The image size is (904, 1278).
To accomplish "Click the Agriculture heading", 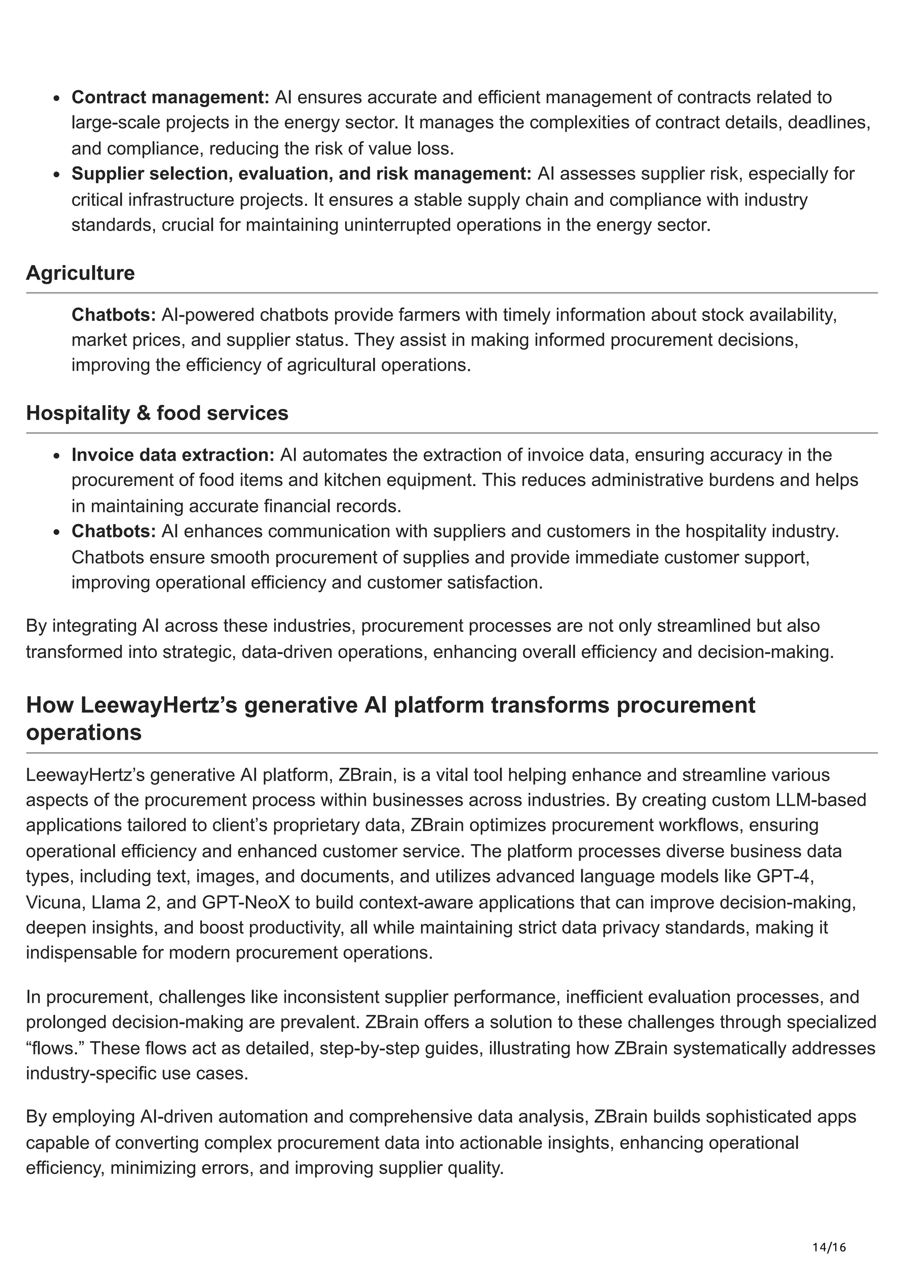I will [x=80, y=273].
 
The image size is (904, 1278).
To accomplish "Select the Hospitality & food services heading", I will [x=157, y=413].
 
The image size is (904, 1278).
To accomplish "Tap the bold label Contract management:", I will [x=170, y=97].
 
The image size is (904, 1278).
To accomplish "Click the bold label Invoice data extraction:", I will [x=173, y=455].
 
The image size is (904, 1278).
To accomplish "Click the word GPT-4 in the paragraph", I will [x=785, y=876].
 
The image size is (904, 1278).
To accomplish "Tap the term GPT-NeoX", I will [x=245, y=902].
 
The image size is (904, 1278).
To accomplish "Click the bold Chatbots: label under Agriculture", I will [x=113, y=315].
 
